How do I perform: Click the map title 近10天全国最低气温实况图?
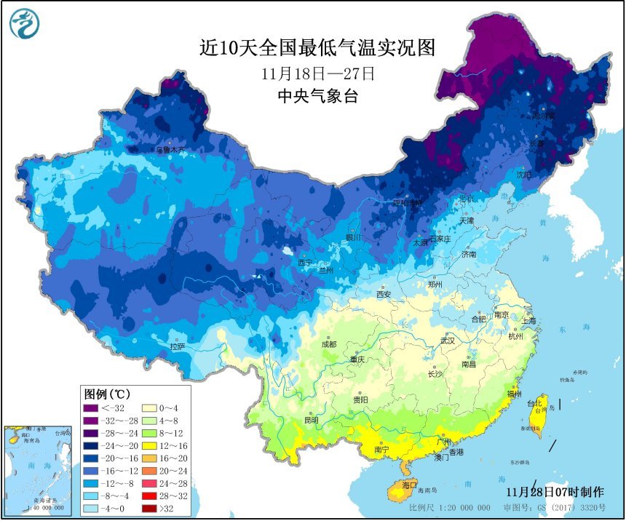(x=317, y=48)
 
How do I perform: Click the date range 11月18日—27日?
(x=318, y=73)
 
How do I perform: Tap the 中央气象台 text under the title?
(x=318, y=96)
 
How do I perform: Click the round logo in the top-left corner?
(x=24, y=23)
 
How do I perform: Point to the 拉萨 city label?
(x=178, y=347)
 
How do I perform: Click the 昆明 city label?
(x=312, y=420)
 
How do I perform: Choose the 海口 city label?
(x=410, y=485)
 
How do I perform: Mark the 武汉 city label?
(x=446, y=341)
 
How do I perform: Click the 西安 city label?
(x=384, y=294)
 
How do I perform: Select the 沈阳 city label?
(x=523, y=175)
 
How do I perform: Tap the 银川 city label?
(x=353, y=237)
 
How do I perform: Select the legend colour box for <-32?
(x=93, y=408)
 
